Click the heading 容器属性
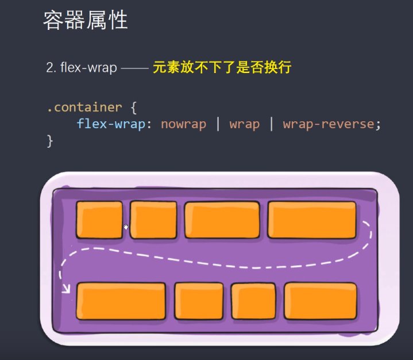click(x=86, y=20)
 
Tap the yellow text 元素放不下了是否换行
click(x=222, y=68)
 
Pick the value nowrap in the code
click(x=183, y=124)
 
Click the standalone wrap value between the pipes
click(x=244, y=124)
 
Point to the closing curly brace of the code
click(x=50, y=140)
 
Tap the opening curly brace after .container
click(x=134, y=107)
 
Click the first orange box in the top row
click(x=99, y=220)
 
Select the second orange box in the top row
click(x=153, y=220)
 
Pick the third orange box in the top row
click(x=222, y=220)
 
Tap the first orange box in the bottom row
click(x=121, y=301)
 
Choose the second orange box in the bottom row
click(x=199, y=301)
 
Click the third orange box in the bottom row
click(x=253, y=301)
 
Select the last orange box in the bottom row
click(x=320, y=301)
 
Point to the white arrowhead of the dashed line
click(x=65, y=287)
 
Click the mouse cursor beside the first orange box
click(x=126, y=227)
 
